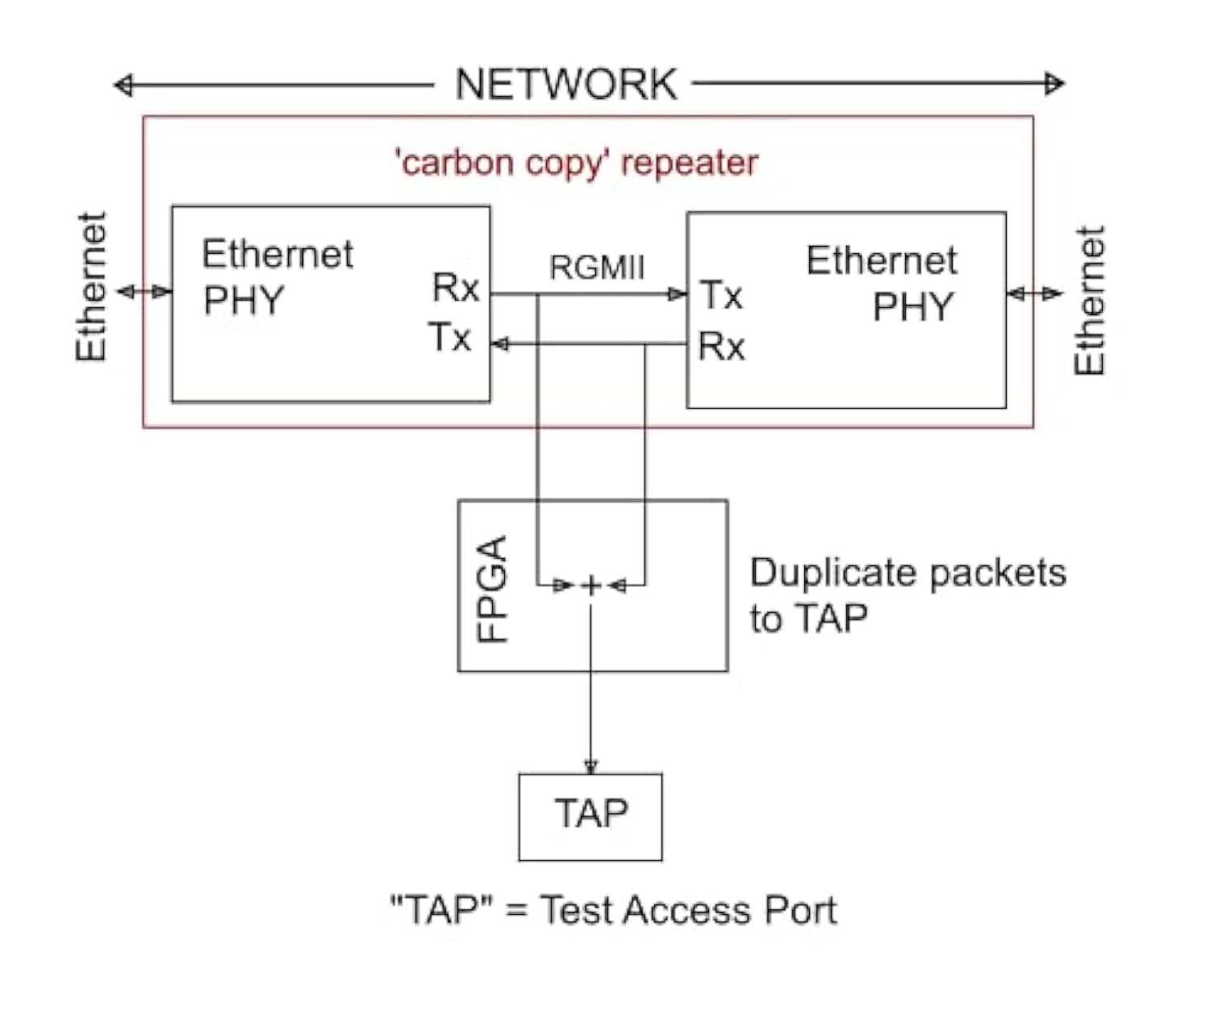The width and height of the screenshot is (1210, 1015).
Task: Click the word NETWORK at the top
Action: pyautogui.click(x=566, y=85)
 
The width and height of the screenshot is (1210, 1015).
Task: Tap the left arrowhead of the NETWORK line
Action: pyautogui.click(x=123, y=85)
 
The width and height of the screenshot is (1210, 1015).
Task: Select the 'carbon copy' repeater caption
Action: pyautogui.click(x=576, y=163)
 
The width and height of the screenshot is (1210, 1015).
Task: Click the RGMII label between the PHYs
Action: pyautogui.click(x=597, y=268)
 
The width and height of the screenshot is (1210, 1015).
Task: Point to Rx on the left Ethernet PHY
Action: pyautogui.click(x=456, y=288)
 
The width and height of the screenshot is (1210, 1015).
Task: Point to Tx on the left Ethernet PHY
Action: pyautogui.click(x=449, y=337)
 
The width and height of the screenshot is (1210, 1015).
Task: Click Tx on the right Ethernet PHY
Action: pyautogui.click(x=720, y=295)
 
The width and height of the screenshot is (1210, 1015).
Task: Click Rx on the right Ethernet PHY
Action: pyautogui.click(x=721, y=347)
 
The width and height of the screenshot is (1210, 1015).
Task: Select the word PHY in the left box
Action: pyautogui.click(x=244, y=302)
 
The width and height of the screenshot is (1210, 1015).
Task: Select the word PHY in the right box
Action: pyautogui.click(x=913, y=307)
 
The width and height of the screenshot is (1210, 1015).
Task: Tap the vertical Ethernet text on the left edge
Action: pyautogui.click(x=91, y=287)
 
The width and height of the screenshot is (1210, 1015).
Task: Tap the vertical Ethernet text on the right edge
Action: pyautogui.click(x=1089, y=301)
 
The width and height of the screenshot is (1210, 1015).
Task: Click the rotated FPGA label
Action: pyautogui.click(x=491, y=589)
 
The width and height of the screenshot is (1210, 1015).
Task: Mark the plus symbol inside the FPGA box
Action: pyautogui.click(x=591, y=586)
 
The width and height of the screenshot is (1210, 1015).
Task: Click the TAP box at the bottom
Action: pyautogui.click(x=590, y=816)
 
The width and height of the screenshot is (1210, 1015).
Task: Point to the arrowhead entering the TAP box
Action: pyautogui.click(x=590, y=765)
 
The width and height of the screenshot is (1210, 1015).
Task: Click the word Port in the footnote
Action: pyautogui.click(x=799, y=911)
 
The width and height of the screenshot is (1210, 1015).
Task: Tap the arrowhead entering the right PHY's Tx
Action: pyautogui.click(x=678, y=294)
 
